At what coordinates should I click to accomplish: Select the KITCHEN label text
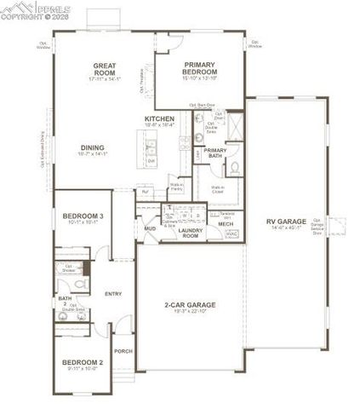(159, 118)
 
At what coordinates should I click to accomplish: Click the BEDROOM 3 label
(83, 216)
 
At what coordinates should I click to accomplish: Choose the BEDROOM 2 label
(82, 363)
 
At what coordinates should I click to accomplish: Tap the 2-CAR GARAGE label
(189, 304)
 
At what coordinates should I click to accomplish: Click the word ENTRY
(113, 294)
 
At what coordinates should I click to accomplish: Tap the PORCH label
(123, 350)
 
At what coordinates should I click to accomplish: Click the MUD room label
(149, 228)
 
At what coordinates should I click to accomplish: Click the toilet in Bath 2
(82, 286)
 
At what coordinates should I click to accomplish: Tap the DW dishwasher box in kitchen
(151, 160)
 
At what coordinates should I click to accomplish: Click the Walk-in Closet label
(219, 188)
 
